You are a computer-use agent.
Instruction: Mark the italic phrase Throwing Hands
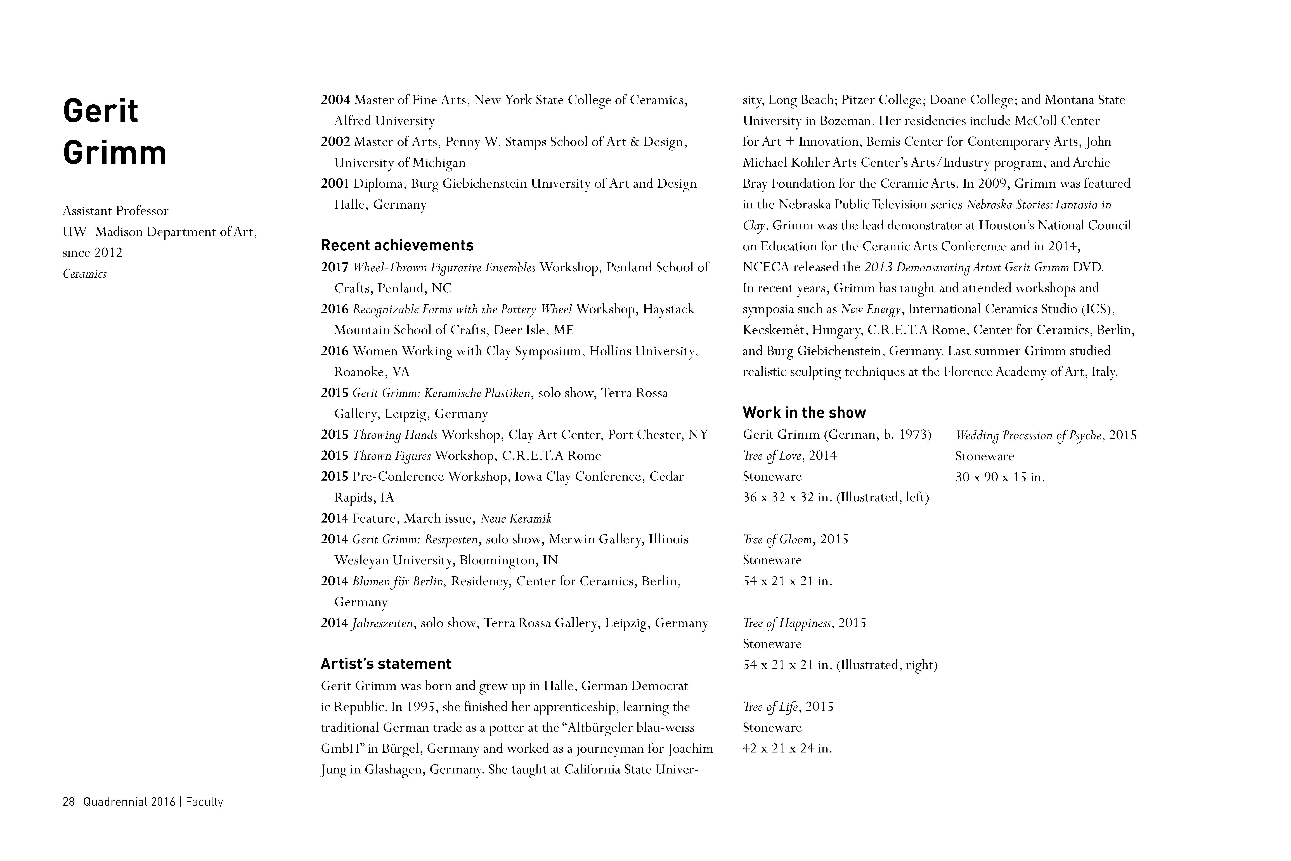click(x=395, y=435)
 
